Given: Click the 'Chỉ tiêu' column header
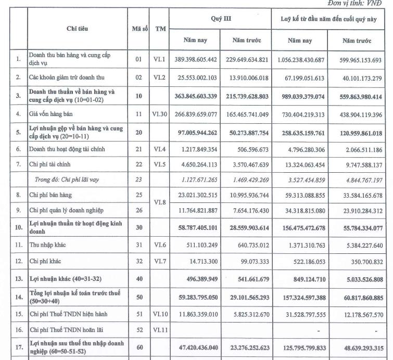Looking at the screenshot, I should coord(77,29).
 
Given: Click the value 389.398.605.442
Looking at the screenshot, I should coord(200,60).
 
